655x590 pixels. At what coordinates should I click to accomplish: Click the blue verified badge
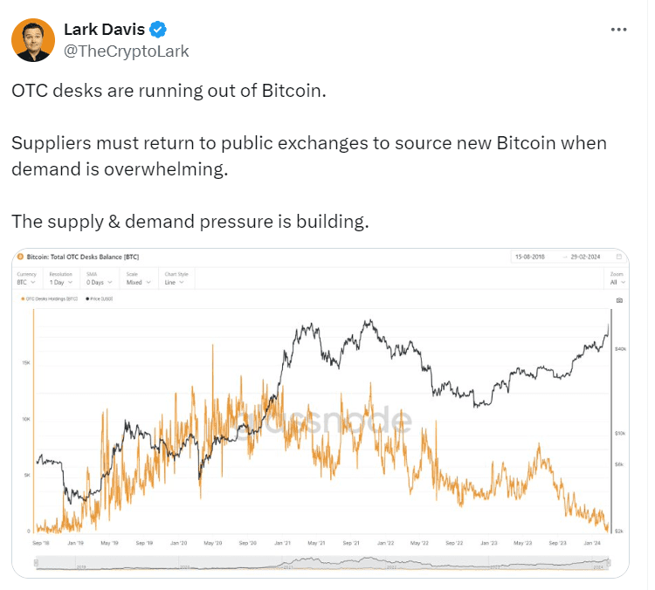(x=158, y=29)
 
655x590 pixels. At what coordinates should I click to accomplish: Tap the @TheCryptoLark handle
(x=126, y=51)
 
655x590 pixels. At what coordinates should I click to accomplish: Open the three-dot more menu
(x=618, y=29)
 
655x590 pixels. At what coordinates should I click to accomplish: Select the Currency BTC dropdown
(x=26, y=283)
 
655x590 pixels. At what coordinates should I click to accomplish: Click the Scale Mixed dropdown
(x=136, y=283)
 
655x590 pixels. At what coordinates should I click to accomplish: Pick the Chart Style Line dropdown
(x=176, y=283)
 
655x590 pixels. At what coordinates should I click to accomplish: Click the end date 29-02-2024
(x=584, y=257)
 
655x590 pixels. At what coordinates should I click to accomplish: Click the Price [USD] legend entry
(x=100, y=299)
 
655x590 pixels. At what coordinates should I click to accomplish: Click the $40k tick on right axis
(x=621, y=348)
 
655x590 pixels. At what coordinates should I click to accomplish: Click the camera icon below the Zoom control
(x=619, y=299)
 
